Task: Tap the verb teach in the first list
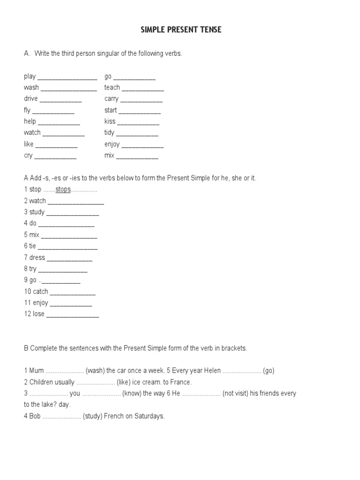[112, 88]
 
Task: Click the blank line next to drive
[60, 100]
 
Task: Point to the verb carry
[112, 99]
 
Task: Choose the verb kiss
[110, 121]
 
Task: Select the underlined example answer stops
[63, 189]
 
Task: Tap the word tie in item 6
[32, 246]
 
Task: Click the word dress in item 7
[37, 257]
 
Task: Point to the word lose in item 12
[38, 314]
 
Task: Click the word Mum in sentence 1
[37, 371]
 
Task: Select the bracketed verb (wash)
[95, 371]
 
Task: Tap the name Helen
[211, 371]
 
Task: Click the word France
[180, 382]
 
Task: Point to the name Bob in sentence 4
[35, 416]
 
